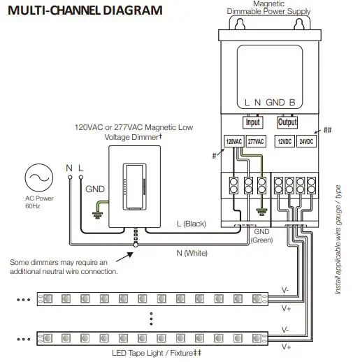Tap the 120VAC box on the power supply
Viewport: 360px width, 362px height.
click(233, 141)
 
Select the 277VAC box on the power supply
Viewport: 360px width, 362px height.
click(257, 141)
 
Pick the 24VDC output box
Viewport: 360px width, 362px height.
click(306, 141)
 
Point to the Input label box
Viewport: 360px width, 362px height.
click(252, 122)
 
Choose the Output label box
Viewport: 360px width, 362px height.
click(287, 122)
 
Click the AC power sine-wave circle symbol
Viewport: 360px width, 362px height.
click(36, 179)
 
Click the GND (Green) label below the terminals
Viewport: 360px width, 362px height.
click(261, 236)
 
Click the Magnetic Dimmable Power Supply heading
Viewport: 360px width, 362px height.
click(269, 8)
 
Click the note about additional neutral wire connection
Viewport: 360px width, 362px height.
click(64, 266)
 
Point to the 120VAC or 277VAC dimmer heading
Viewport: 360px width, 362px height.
click(133, 132)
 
